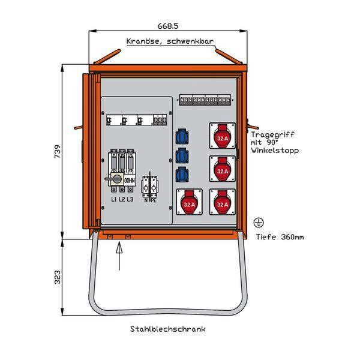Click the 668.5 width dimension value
[168, 26]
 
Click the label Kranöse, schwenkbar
[170, 41]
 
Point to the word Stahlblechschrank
[167, 329]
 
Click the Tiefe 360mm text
[280, 237]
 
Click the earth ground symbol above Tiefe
[259, 223]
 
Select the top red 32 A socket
[223, 137]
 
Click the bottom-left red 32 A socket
[190, 203]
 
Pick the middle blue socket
[181, 156]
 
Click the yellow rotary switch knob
[117, 179]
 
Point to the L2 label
[122, 199]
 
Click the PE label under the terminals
[154, 199]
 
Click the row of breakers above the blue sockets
[205, 100]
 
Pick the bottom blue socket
[181, 175]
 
